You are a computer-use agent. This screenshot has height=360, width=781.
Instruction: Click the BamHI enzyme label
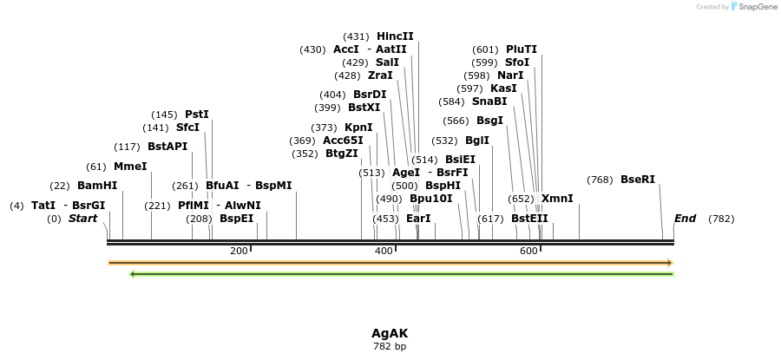(x=97, y=186)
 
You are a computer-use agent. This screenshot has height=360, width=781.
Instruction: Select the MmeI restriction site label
(x=130, y=167)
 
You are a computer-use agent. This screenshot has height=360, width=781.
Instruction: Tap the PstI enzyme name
(x=197, y=115)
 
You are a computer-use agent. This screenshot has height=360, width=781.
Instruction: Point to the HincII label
(x=395, y=36)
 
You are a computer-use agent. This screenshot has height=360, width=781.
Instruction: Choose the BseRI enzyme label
(x=638, y=180)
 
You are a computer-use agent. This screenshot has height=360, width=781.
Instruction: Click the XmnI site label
(x=557, y=199)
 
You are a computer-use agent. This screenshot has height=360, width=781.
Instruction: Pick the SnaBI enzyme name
(x=489, y=101)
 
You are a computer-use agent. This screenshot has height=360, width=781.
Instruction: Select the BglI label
(x=477, y=141)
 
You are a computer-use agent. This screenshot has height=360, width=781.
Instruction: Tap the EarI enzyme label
(x=418, y=219)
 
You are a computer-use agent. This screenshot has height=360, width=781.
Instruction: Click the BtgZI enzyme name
(x=342, y=154)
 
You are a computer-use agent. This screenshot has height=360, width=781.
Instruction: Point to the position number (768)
(x=600, y=180)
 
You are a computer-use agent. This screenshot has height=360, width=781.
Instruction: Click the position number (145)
(x=164, y=115)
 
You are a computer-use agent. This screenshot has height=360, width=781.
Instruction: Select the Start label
(x=83, y=219)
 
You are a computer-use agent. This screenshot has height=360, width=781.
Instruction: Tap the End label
(x=685, y=219)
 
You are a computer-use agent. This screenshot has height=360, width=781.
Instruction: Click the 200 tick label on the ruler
(x=239, y=251)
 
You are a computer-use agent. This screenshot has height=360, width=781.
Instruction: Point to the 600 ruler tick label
(x=528, y=251)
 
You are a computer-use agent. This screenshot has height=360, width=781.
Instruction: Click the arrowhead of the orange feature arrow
(x=669, y=262)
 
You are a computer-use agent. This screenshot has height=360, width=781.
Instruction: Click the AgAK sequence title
(x=390, y=333)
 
